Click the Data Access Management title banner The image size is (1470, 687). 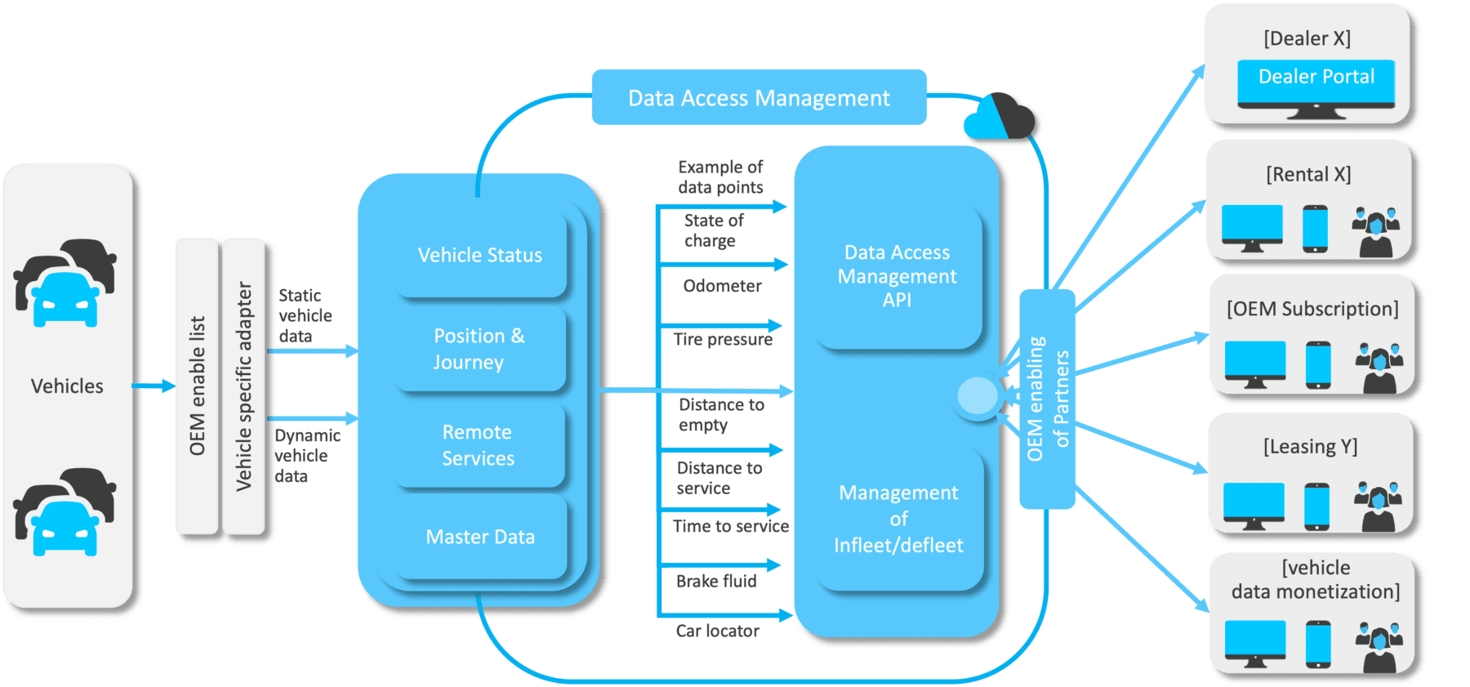tap(759, 98)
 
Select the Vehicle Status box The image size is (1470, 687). tap(480, 255)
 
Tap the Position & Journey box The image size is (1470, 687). tap(480, 349)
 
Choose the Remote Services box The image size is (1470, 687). tap(479, 445)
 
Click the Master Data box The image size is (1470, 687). tap(480, 537)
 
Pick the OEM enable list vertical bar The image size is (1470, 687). tap(197, 386)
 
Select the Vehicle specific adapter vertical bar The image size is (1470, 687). tap(243, 386)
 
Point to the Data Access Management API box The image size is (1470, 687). tap(897, 276)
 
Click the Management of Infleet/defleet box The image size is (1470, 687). tap(898, 519)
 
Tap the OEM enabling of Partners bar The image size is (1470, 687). tap(1047, 399)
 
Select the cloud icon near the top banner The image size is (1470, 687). tap(1000, 117)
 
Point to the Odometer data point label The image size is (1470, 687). tap(722, 286)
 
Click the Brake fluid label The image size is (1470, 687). tap(716, 581)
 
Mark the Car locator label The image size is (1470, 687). tap(717, 631)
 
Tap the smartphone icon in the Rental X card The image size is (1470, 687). tap(1315, 229)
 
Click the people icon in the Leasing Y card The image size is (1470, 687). tap(1378, 506)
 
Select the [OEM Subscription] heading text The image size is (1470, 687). tap(1312, 309)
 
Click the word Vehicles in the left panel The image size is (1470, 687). tap(67, 386)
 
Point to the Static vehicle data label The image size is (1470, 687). tap(305, 315)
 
